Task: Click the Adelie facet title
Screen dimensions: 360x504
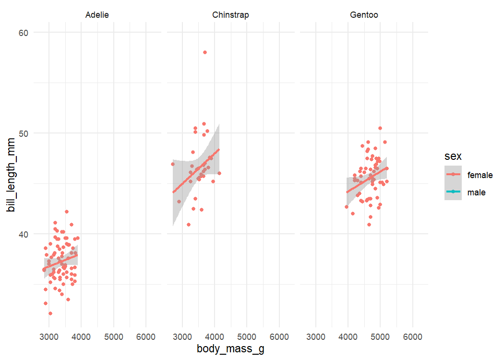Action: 97,15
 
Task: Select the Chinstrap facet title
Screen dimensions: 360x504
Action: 230,15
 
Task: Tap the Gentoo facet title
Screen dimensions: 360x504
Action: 364,15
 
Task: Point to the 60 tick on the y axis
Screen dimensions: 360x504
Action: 24,32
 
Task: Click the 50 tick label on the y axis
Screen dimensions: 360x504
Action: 24,133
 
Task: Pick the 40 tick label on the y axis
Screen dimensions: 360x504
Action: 24,234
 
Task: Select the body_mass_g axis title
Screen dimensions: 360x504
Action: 230,349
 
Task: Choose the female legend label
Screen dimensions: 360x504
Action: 480,175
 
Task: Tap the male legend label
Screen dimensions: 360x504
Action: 476,192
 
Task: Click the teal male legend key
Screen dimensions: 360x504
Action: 453,192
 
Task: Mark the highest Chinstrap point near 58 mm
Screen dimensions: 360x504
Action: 205,52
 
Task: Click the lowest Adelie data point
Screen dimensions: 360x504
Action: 50,313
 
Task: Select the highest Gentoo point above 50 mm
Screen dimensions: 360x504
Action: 380,128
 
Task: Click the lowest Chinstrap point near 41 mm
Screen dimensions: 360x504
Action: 189,225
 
